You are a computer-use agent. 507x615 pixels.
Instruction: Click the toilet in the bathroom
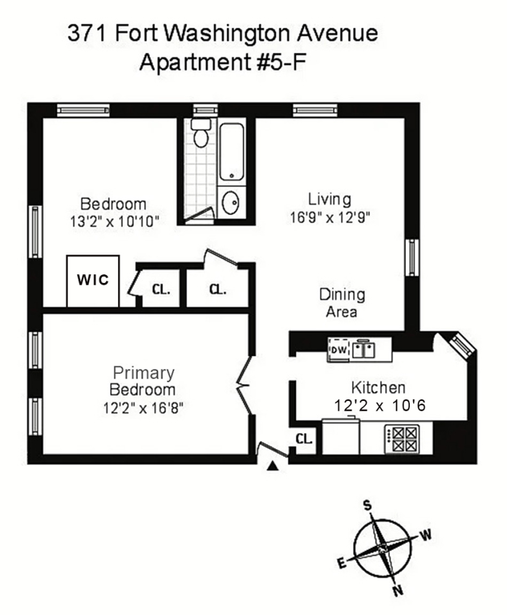coord(201,133)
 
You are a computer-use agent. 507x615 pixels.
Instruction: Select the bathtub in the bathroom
coord(231,152)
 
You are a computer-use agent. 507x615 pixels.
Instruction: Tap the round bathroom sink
coord(230,202)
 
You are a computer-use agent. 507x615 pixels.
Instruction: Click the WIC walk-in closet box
coord(93,281)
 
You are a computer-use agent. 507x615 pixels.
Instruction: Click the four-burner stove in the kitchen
coord(402,439)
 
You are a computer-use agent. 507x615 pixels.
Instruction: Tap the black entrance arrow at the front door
coord(273,466)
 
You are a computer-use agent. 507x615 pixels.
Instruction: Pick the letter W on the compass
coord(426,534)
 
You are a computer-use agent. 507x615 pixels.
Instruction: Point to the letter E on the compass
coord(342,563)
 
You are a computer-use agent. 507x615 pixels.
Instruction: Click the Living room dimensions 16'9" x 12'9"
coord(330,217)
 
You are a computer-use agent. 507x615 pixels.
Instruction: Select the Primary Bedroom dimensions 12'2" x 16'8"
coord(143,408)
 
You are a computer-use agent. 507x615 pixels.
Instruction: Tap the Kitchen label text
coord(378,387)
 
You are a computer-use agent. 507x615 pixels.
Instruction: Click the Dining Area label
coord(342,303)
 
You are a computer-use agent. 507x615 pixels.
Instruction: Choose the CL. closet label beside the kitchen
coord(304,439)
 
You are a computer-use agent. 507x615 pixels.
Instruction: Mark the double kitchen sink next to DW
coord(364,348)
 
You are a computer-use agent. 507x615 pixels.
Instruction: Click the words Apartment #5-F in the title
coord(222,62)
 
